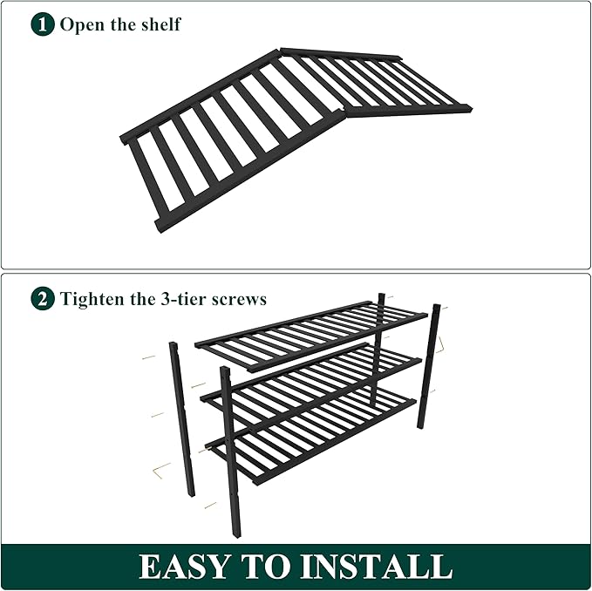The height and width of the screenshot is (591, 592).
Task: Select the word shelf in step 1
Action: pos(160,24)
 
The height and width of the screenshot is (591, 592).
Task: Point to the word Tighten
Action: pos(92,299)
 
